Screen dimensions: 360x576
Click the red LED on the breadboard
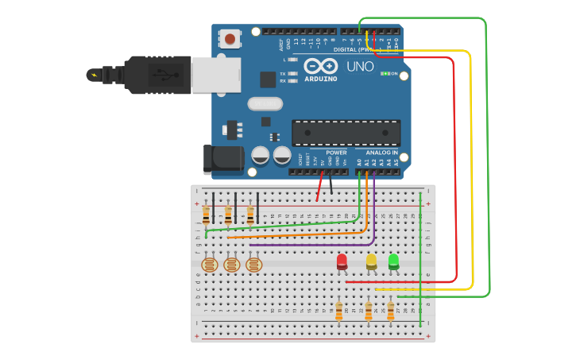coord(342,261)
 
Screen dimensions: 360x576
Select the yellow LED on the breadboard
coord(371,261)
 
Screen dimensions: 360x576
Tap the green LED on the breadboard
coord(393,261)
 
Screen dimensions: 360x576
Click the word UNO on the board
coord(360,67)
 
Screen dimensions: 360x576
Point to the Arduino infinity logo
coord(319,66)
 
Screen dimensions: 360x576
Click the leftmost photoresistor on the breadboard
coord(209,265)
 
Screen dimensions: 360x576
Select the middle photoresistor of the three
coord(231,265)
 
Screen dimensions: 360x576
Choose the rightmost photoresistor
coord(253,265)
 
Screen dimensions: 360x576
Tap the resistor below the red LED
coord(339,312)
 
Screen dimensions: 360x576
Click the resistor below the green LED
coord(391,312)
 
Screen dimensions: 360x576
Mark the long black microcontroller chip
coord(346,133)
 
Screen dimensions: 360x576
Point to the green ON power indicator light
coord(385,74)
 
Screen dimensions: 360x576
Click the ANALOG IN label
coord(382,152)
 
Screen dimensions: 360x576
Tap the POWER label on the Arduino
coord(336,152)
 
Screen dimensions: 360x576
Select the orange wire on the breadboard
coord(294,234)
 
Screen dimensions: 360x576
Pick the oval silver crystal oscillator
coord(265,103)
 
